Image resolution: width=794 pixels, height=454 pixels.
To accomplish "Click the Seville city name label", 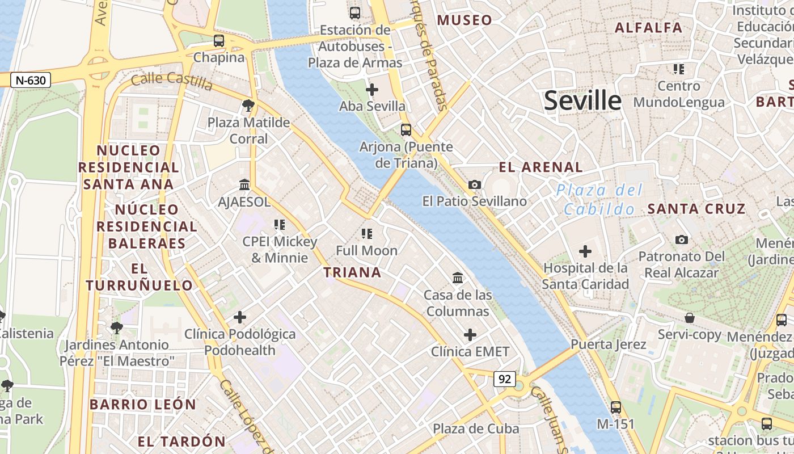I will click(582, 100).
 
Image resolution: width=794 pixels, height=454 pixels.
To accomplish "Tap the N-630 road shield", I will click(31, 81).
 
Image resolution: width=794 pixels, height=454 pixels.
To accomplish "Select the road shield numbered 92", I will click(504, 379).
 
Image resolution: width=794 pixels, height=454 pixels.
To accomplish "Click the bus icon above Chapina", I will click(219, 41).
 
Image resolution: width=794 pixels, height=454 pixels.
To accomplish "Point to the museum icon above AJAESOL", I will click(245, 185).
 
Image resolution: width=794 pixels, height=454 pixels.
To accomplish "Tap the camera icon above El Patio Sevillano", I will click(475, 184).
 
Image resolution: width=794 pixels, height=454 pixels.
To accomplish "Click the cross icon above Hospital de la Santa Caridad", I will click(585, 251).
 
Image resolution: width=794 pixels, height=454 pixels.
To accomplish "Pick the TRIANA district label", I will click(352, 272).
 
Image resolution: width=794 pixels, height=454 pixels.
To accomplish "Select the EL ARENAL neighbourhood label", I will click(540, 167).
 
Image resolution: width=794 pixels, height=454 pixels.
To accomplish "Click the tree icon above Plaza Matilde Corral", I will click(248, 105).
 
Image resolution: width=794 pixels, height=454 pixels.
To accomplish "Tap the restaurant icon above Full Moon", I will click(367, 233).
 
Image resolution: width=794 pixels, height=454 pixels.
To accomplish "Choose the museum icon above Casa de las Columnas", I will click(458, 278).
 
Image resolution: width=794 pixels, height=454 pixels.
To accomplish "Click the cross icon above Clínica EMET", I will click(470, 335).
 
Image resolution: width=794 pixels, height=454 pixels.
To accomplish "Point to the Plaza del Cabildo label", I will click(599, 199).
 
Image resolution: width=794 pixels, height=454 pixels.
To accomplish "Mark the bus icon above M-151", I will click(616, 407).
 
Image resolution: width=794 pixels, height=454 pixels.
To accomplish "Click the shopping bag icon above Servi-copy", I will click(690, 317).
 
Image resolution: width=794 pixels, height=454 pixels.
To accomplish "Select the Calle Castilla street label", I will click(171, 82).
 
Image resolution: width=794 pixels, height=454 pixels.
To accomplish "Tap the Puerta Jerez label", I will click(609, 344).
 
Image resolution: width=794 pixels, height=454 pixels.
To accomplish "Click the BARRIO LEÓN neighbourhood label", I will click(143, 405).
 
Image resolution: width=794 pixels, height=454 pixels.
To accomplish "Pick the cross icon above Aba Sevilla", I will click(372, 90).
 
